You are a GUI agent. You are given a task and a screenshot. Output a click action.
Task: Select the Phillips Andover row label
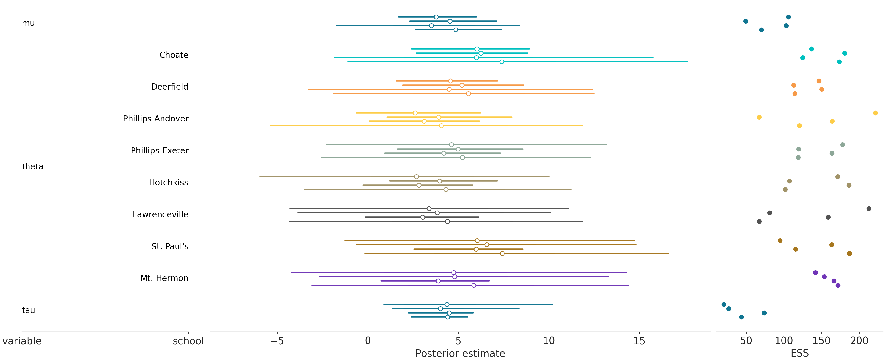(156, 119)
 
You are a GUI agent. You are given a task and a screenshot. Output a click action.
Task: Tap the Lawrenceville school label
(161, 214)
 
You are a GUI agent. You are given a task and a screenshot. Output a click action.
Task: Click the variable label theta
(33, 167)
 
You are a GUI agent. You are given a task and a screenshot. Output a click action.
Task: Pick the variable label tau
(29, 310)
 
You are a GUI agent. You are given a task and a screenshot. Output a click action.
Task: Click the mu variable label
(29, 23)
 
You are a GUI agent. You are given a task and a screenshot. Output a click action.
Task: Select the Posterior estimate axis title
(460, 353)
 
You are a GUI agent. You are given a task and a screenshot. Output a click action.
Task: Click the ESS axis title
(799, 353)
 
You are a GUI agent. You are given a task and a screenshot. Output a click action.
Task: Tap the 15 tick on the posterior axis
(639, 341)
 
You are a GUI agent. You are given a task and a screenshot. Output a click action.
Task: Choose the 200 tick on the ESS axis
(859, 341)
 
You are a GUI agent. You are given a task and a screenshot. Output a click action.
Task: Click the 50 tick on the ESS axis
(746, 341)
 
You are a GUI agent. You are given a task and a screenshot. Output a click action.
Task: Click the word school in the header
(188, 341)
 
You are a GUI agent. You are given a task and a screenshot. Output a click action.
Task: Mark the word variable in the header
(22, 341)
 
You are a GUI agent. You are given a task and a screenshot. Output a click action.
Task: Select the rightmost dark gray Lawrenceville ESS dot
(869, 209)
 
